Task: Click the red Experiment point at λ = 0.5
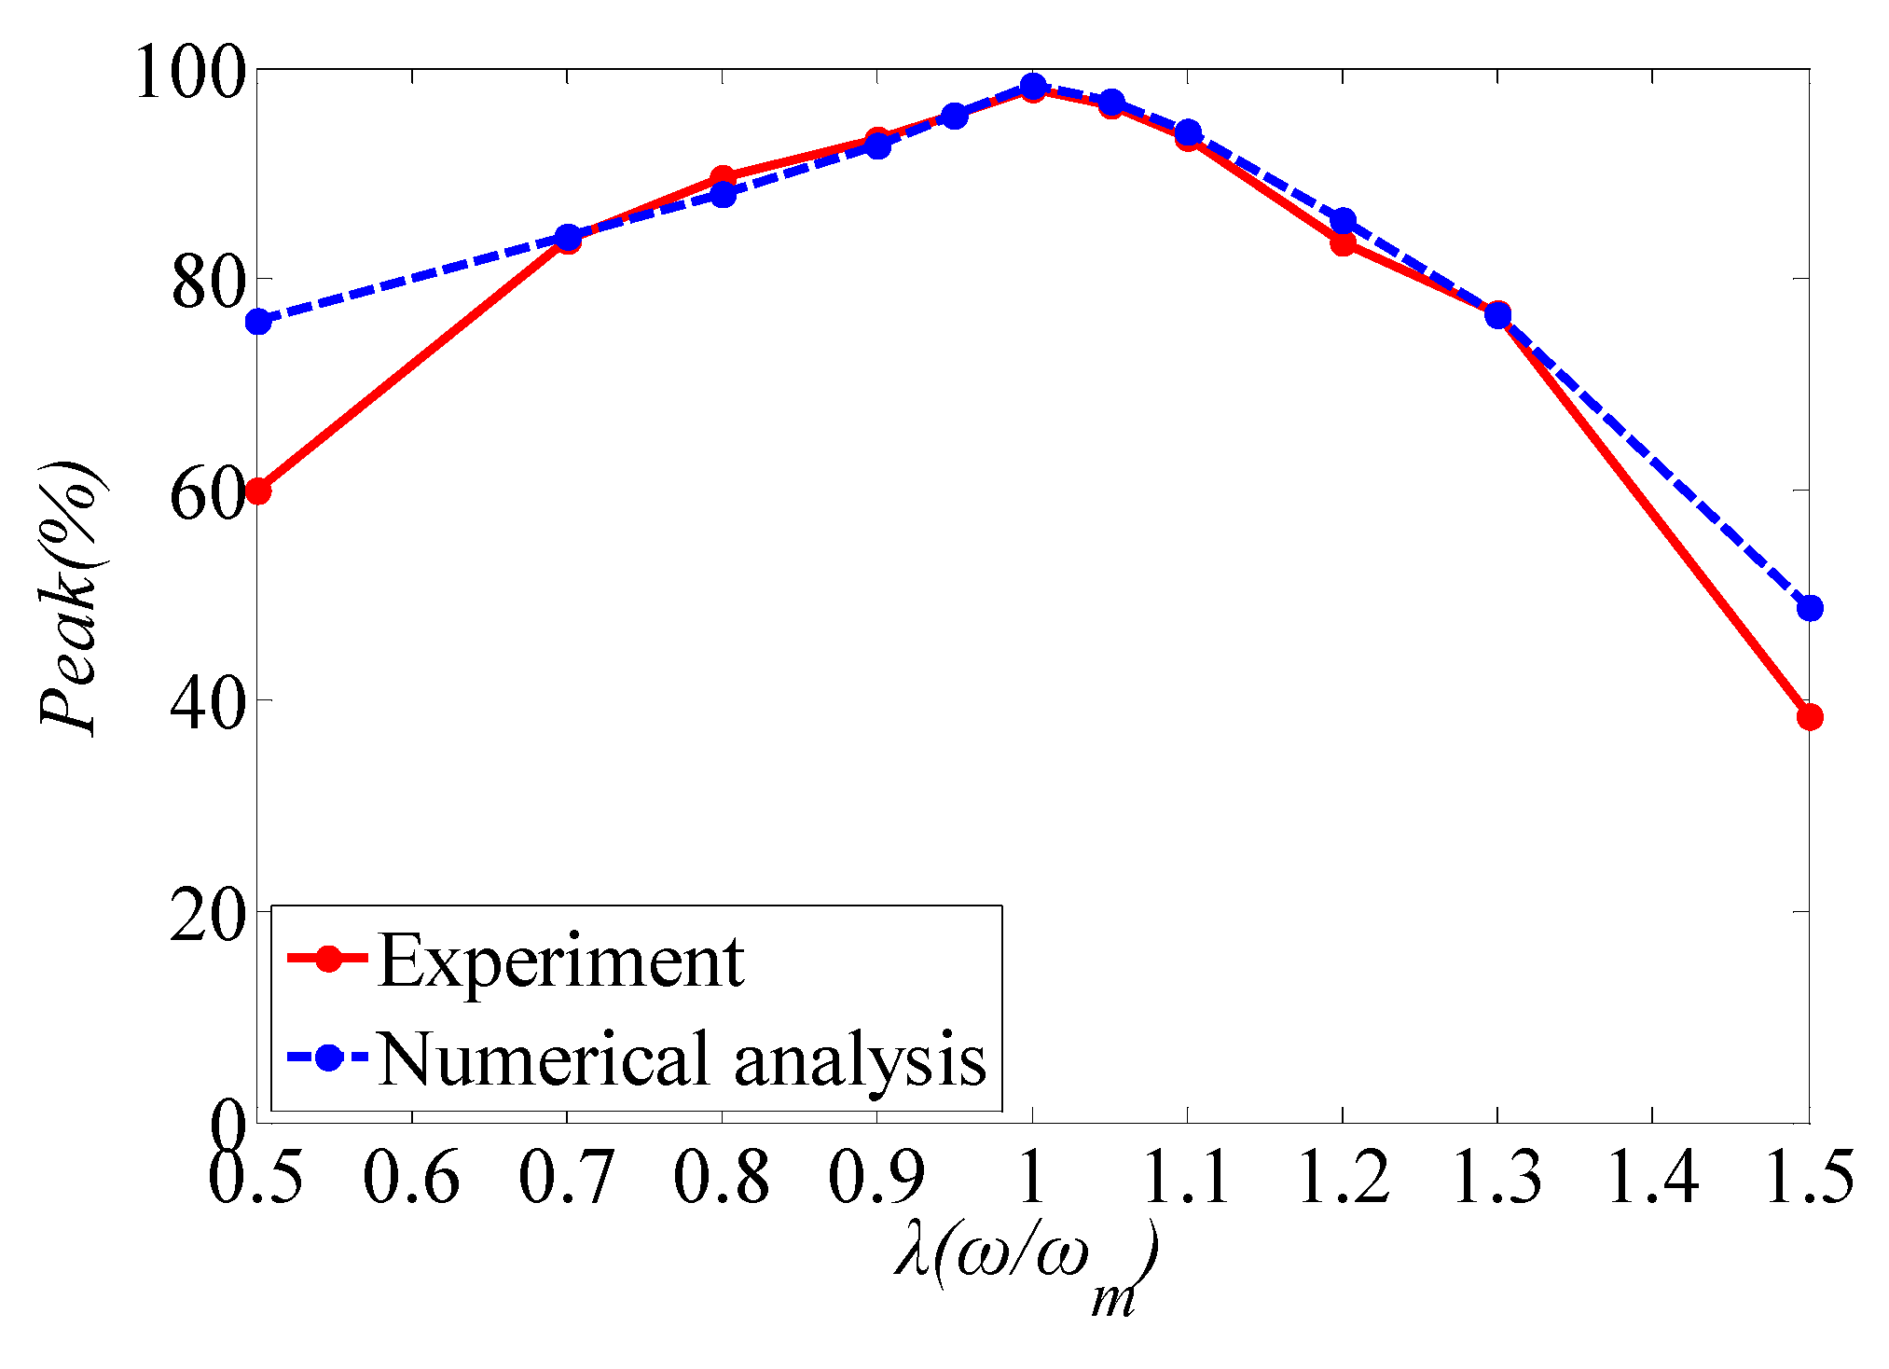point(258,491)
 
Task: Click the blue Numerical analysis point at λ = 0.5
point(258,322)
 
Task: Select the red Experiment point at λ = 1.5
point(1809,717)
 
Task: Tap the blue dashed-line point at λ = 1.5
point(1809,608)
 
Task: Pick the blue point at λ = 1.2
point(1343,221)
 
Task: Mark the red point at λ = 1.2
point(1343,244)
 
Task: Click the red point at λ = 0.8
point(723,177)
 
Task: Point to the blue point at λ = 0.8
point(723,195)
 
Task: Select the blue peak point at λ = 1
point(1032,87)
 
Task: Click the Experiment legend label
point(561,961)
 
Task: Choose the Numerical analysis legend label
point(683,1058)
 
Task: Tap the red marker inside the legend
point(327,959)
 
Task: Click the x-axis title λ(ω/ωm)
point(1026,1268)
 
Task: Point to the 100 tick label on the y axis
point(191,73)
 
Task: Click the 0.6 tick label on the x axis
point(410,1177)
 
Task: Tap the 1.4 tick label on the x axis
point(1652,1177)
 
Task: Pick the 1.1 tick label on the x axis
point(1186,1177)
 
